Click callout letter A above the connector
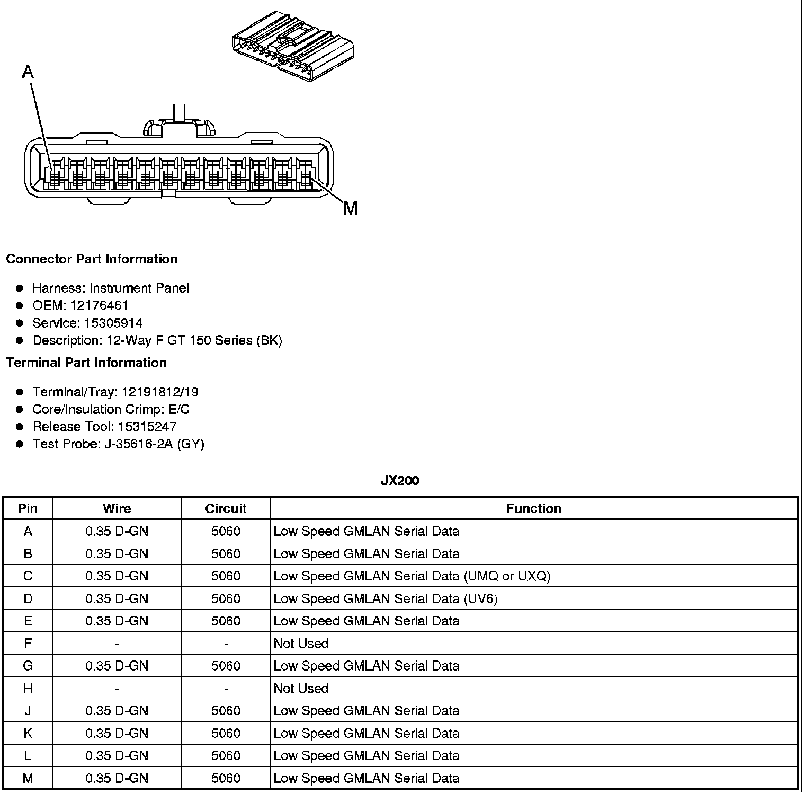click(28, 72)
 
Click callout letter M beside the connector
click(350, 209)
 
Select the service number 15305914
click(113, 323)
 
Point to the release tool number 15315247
click(147, 427)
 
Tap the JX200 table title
click(400, 481)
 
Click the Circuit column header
click(226, 508)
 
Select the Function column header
click(533, 508)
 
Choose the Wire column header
click(117, 508)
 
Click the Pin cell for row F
click(28, 644)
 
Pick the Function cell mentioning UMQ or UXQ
click(412, 576)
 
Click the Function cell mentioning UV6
click(386, 598)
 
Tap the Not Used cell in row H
click(301, 688)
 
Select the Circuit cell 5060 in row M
click(226, 778)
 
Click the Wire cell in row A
click(117, 531)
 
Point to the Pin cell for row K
click(28, 733)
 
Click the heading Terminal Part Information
click(86, 363)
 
